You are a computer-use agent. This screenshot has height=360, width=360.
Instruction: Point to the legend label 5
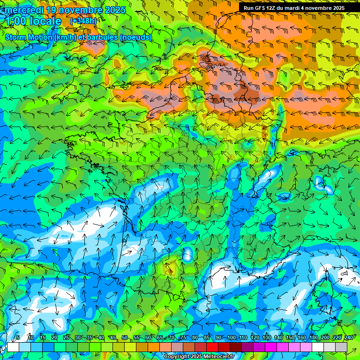pyautogui.click(x=18, y=338)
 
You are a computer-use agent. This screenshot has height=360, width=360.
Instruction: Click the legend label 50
pyautogui.click(x=124, y=338)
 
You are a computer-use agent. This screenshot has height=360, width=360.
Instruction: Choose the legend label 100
pyautogui.click(x=231, y=338)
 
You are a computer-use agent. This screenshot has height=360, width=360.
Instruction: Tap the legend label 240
pyautogui.click(x=349, y=338)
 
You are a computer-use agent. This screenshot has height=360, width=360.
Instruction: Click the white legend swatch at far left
pyautogui.click(x=13, y=347)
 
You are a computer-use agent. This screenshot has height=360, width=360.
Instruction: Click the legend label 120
pyautogui.click(x=255, y=338)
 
